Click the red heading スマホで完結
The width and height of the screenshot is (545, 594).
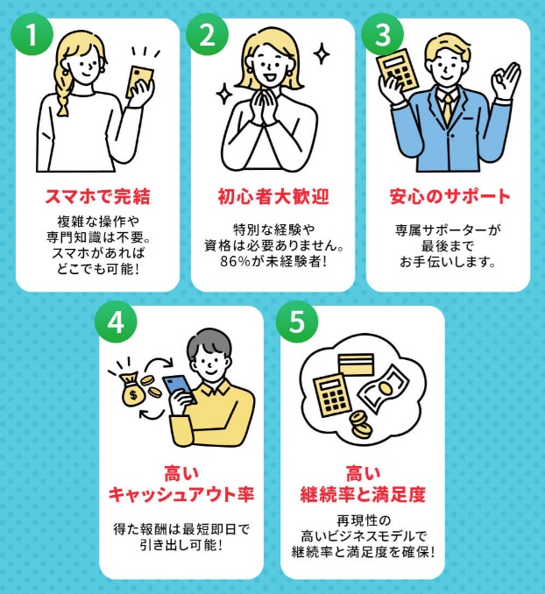pos(97,194)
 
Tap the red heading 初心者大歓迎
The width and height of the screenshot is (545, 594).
pos(272,194)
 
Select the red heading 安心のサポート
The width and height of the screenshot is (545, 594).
pos(449,194)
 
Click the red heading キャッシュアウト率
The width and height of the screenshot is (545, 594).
pos(181,494)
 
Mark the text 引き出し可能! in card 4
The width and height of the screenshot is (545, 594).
pos(181,545)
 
